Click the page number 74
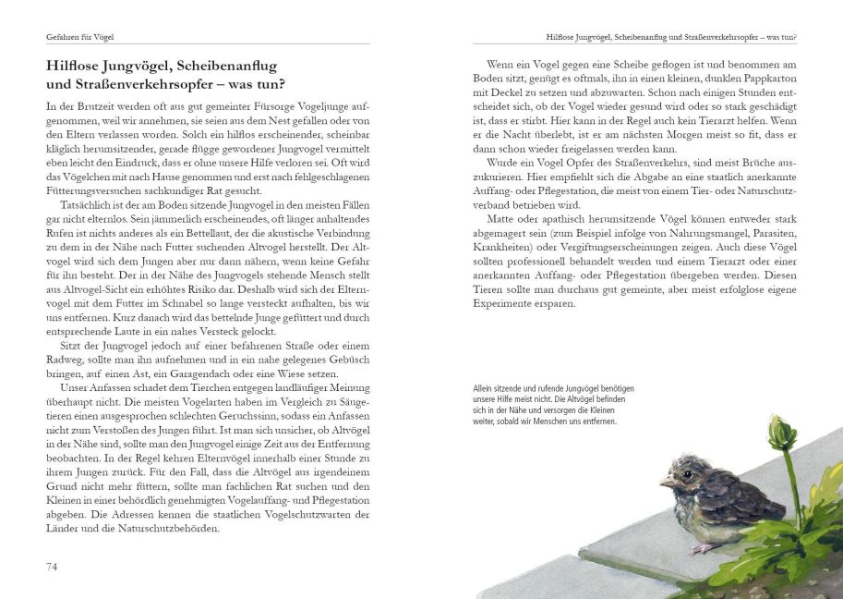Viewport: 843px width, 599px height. tap(53, 566)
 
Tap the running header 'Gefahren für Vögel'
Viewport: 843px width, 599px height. tap(86, 37)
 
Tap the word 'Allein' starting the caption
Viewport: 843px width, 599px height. tap(483, 389)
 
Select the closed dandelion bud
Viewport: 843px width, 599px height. tap(782, 432)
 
